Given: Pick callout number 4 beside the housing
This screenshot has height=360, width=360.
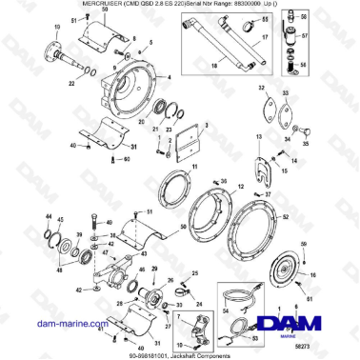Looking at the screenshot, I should click(132, 37).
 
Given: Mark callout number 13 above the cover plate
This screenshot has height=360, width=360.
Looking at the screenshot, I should click(257, 136).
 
